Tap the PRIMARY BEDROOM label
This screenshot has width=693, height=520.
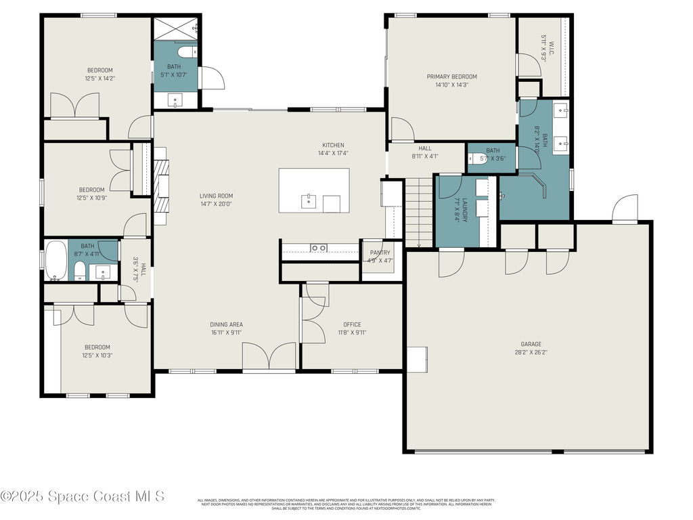coord(451,77)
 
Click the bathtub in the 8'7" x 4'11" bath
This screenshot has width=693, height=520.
coord(55,261)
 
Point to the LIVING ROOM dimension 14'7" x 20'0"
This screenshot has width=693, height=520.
coord(216,204)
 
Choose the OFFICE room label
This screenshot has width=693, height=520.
coord(352,324)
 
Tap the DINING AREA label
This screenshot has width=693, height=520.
coord(226,324)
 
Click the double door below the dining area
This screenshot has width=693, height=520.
coord(269,357)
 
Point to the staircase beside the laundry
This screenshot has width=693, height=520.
coord(418,212)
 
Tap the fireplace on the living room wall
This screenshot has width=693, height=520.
coord(161,186)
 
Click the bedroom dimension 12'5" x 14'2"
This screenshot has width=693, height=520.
coord(99,78)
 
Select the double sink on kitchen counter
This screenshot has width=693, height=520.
coord(318,248)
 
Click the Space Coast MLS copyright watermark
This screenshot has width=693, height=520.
coord(82,496)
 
